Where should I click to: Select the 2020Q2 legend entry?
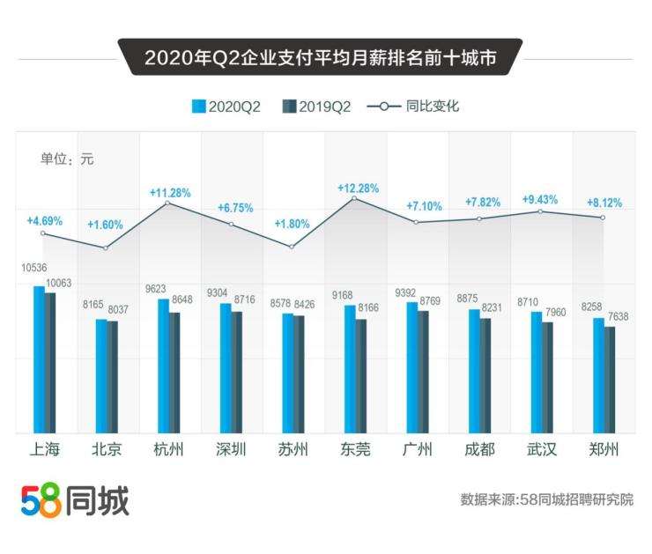click(x=227, y=107)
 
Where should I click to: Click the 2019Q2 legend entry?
click(x=316, y=107)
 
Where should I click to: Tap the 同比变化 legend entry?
click(x=413, y=107)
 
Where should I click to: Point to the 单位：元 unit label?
click(x=67, y=159)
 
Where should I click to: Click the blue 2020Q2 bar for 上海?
click(x=39, y=359)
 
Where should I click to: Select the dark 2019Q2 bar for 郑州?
click(x=610, y=380)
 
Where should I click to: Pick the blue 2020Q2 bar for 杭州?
click(x=164, y=366)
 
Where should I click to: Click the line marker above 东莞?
click(x=354, y=198)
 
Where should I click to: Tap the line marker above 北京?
click(x=106, y=248)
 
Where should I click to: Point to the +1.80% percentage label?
click(x=292, y=224)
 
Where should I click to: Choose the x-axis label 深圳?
click(x=231, y=450)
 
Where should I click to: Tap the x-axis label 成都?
click(x=479, y=450)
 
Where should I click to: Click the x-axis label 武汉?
click(x=541, y=450)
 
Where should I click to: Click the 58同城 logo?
click(x=75, y=501)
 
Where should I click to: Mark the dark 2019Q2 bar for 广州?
click(x=424, y=372)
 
